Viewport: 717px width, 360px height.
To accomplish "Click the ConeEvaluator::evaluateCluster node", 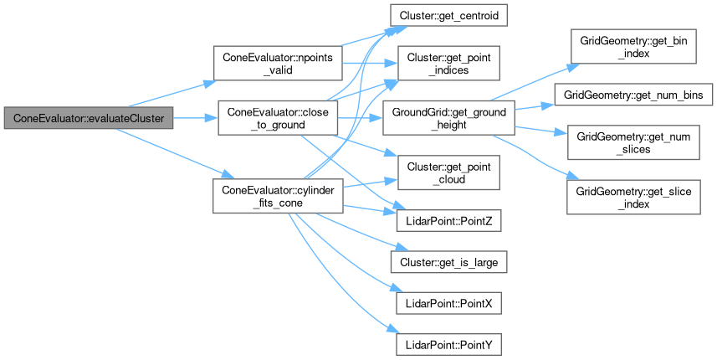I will pyautogui.click(x=90, y=119).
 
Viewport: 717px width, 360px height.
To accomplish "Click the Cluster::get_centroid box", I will pyautogui.click(x=448, y=16).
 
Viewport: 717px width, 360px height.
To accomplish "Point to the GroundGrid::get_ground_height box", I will pyautogui.click(x=448, y=119).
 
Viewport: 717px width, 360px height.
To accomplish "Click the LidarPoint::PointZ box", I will pyautogui.click(x=448, y=222).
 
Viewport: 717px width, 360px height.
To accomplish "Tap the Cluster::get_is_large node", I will pyautogui.click(x=448, y=262).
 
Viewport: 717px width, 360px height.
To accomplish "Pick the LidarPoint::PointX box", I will pyautogui.click(x=448, y=301).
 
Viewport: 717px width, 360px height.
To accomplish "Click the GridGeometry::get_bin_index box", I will pyautogui.click(x=632, y=47).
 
